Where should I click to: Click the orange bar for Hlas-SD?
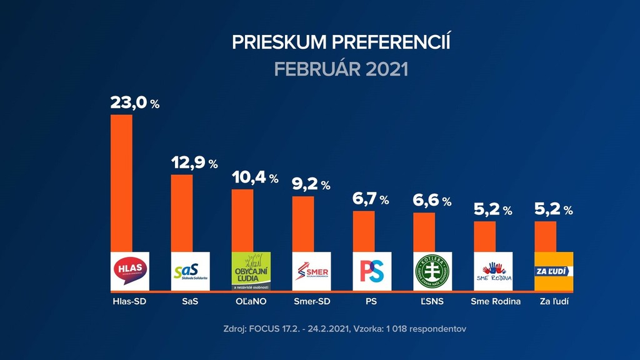click(121, 182)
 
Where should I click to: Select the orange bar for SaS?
click(182, 212)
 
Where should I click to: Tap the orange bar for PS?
click(364, 231)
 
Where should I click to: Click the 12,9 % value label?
click(194, 163)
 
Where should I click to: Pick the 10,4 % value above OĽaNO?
click(255, 178)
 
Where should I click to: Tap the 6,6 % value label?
click(432, 201)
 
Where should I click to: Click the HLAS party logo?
click(130, 271)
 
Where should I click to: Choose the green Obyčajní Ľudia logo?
click(251, 271)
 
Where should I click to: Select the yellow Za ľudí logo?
click(554, 271)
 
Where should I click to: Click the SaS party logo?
click(191, 271)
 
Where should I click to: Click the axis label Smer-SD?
click(312, 302)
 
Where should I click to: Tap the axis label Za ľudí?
click(554, 302)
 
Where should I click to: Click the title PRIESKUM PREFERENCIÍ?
click(341, 42)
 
